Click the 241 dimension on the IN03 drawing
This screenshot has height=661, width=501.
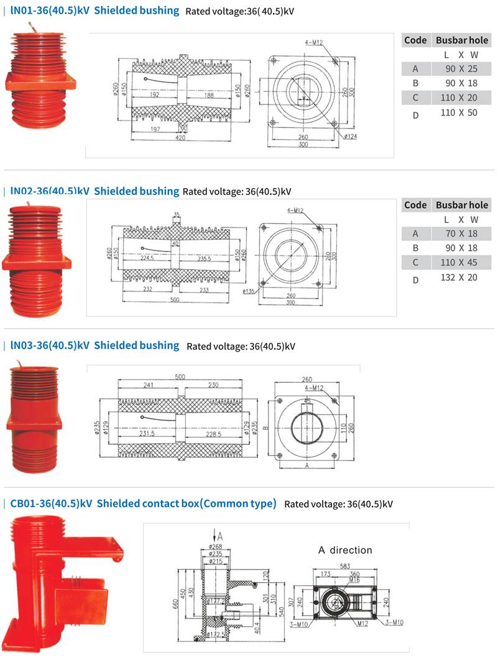coord(149,385)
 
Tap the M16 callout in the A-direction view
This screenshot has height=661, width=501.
coord(354,580)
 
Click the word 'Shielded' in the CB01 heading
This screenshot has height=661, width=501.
coord(119,504)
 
